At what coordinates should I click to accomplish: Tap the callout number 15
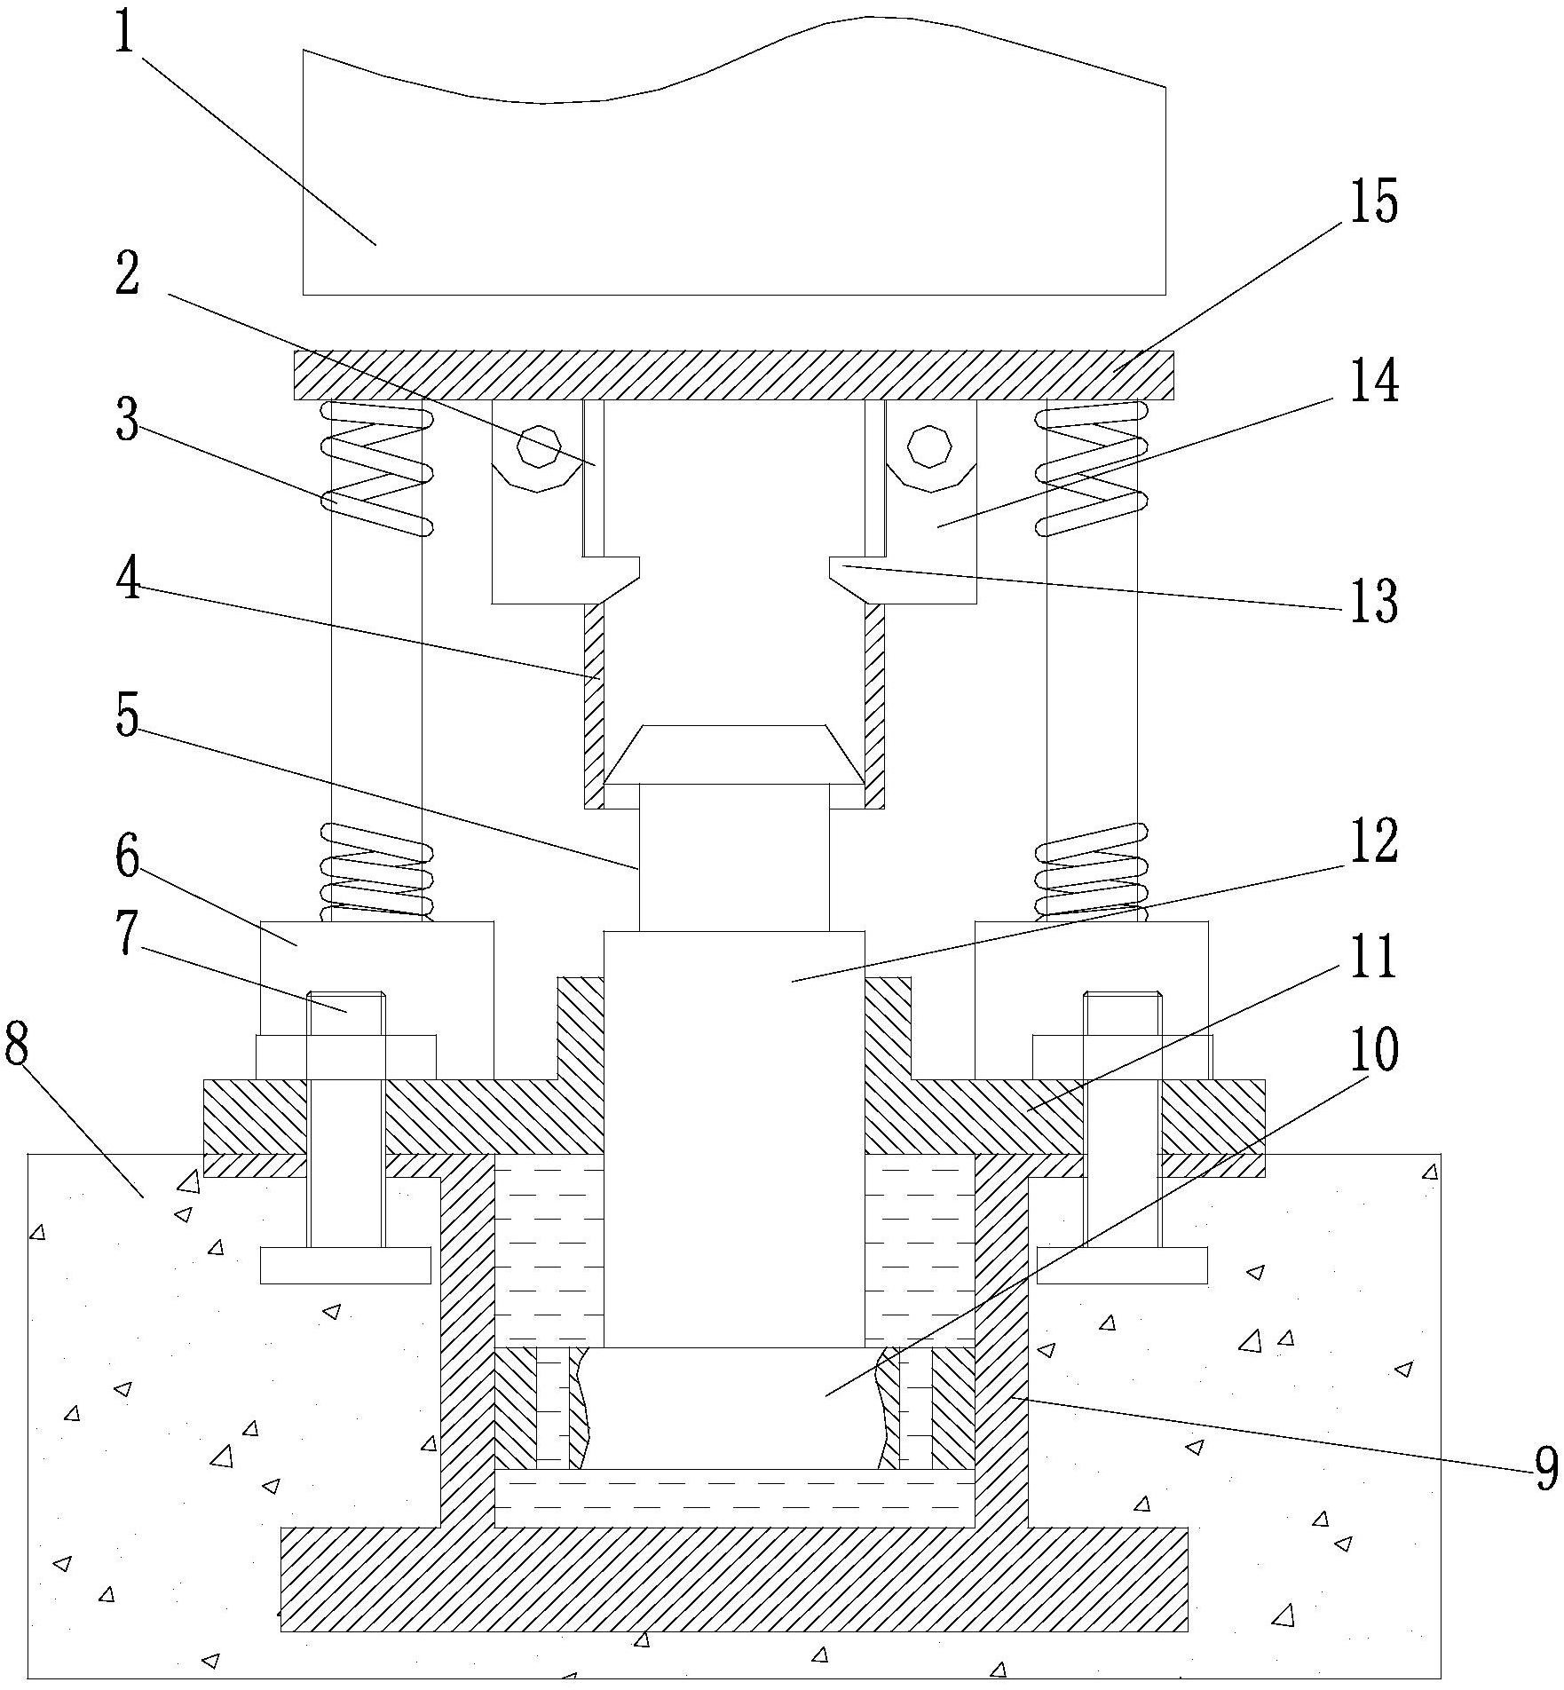[x=1373, y=201]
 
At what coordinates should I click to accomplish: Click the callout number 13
[x=1374, y=600]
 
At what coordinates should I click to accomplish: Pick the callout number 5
[x=127, y=715]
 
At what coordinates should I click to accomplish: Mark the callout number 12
[x=1373, y=841]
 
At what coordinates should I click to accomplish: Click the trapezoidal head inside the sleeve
[x=734, y=754]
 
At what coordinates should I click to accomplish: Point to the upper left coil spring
[x=376, y=468]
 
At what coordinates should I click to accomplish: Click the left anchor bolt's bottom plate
[x=345, y=1265]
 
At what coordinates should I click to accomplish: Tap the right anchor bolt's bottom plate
[x=1122, y=1265]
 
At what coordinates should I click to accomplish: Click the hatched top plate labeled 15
[x=733, y=375]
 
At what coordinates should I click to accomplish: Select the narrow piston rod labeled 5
[x=734, y=857]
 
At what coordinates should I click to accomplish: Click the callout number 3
[x=127, y=421]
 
